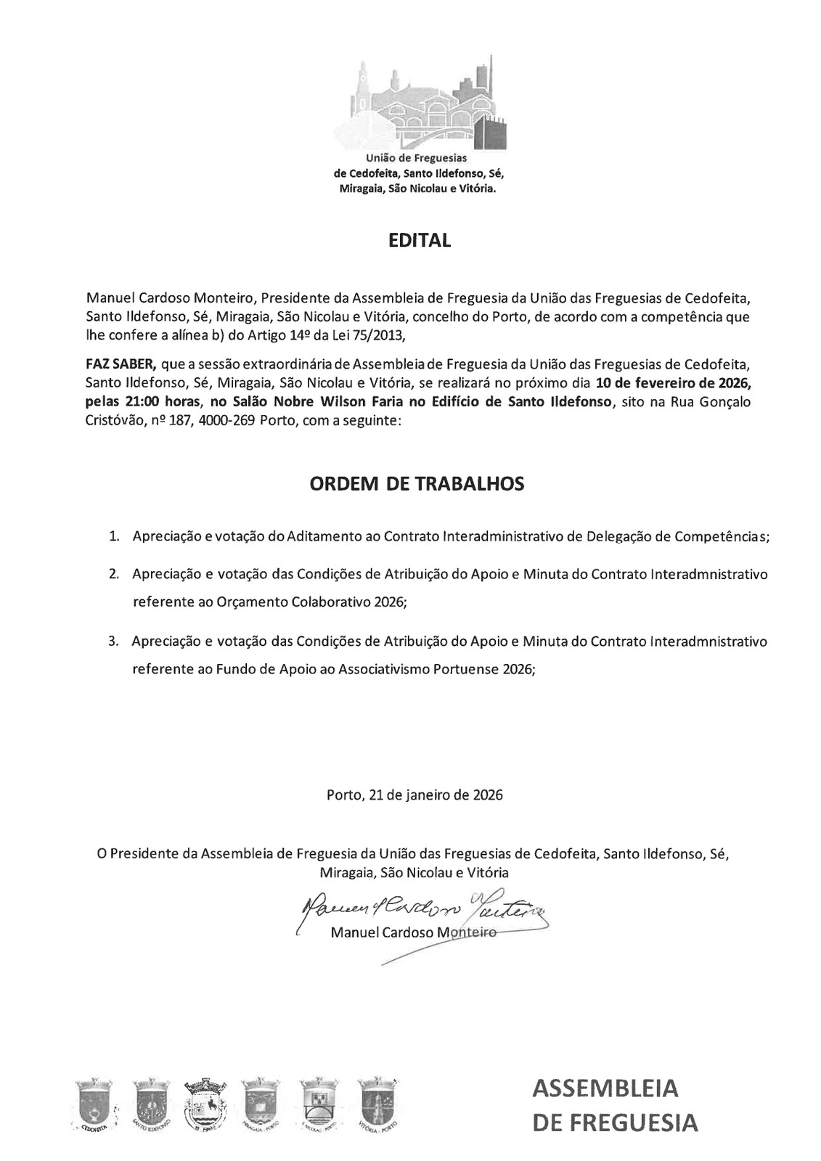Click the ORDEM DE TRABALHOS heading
[x=417, y=484]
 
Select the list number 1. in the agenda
[x=114, y=537]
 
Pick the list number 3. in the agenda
[x=113, y=641]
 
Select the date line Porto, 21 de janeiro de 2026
[x=414, y=795]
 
